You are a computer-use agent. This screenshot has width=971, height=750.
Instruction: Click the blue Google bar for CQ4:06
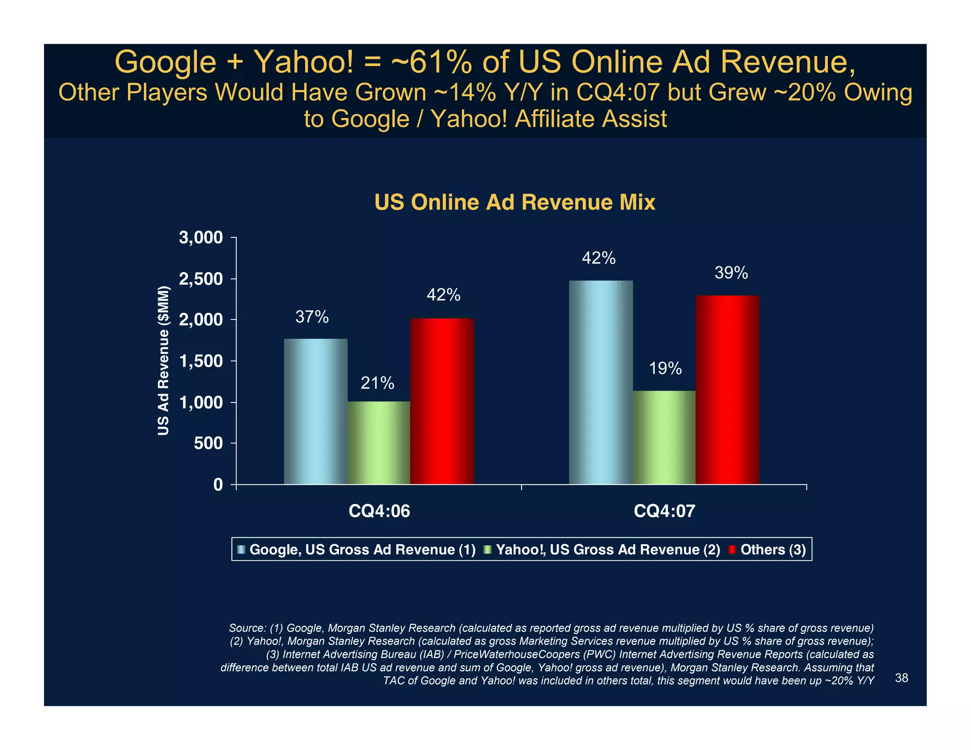point(315,412)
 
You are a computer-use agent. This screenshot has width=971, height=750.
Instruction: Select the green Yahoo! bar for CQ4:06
point(378,443)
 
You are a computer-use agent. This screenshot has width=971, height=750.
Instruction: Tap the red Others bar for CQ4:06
point(442,401)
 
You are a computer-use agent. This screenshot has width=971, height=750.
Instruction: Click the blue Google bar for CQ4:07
point(601,382)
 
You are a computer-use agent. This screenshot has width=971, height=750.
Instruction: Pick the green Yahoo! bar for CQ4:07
point(664,437)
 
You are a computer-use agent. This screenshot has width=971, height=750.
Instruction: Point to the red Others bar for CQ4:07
point(727,390)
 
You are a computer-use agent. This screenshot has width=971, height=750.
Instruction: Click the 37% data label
point(312,317)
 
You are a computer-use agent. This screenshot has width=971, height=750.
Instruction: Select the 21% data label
point(377,383)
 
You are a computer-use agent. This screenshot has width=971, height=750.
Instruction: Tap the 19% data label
point(665,368)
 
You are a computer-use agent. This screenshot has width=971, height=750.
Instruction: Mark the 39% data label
point(731,273)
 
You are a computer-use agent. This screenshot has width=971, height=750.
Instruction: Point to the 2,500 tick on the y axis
point(201,279)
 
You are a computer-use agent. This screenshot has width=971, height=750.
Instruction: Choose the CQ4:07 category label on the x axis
point(664,511)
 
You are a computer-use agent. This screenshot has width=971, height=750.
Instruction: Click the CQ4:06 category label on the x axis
point(379,511)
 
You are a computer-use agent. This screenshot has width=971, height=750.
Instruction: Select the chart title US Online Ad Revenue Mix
point(514,202)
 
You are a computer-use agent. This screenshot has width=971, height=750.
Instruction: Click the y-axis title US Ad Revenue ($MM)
point(163,360)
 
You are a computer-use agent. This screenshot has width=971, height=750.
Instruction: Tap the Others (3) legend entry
point(773,549)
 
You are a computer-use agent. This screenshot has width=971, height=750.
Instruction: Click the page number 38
point(901,678)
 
